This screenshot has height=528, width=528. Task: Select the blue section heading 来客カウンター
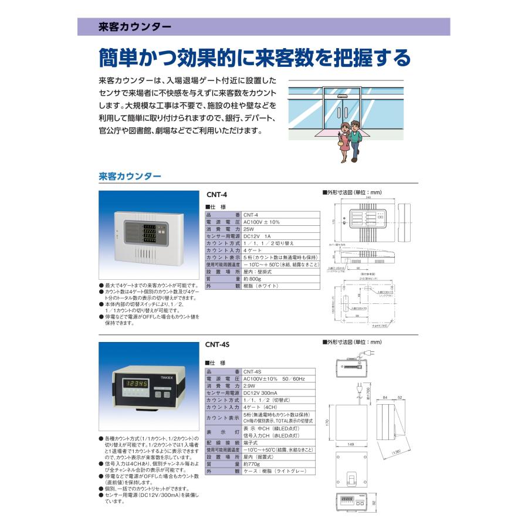(130, 175)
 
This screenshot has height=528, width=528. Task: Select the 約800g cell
(253, 278)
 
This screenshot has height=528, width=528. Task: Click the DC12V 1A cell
(256, 236)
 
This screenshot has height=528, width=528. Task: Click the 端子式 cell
(251, 442)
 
